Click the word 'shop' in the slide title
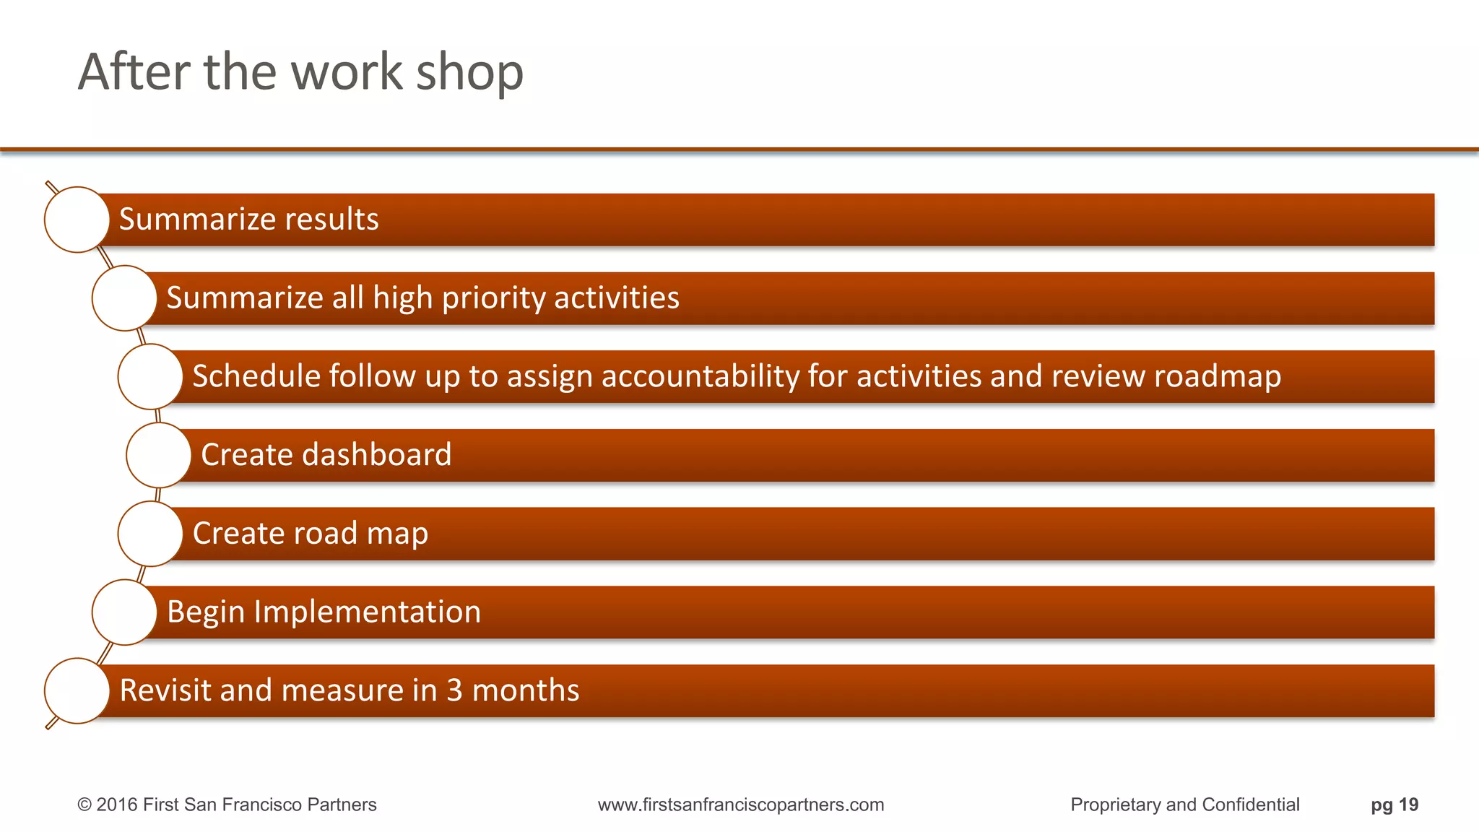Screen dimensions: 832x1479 click(x=469, y=72)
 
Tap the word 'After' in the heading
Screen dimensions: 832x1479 click(x=135, y=72)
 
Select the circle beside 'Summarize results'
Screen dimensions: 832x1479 click(x=77, y=220)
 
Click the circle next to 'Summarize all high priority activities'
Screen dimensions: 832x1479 click(x=124, y=298)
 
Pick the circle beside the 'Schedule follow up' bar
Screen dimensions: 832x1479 click(x=150, y=376)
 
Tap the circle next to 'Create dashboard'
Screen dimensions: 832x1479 click(x=158, y=455)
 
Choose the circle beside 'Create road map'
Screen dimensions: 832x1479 click(x=150, y=534)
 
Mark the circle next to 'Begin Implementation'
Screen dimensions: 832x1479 click(x=124, y=612)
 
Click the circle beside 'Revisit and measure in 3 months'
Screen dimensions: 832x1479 click(x=77, y=690)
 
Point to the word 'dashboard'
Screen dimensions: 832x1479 click(x=376, y=455)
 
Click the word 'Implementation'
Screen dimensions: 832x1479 click(x=367, y=612)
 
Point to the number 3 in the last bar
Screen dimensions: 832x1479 click(x=454, y=690)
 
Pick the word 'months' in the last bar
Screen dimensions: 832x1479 click(x=526, y=690)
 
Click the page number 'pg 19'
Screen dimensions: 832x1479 click(x=1395, y=805)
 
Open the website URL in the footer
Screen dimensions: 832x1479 click(x=741, y=805)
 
